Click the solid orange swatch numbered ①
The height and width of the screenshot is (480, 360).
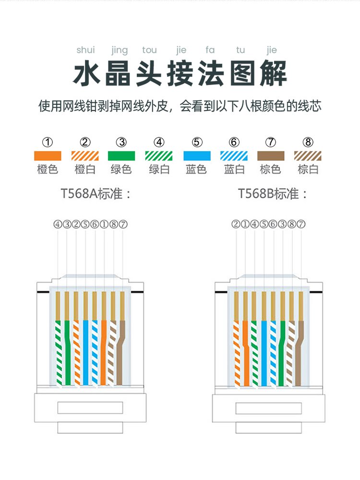point(48,156)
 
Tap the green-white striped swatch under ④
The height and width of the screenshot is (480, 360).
point(159,156)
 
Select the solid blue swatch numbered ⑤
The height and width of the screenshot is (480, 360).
point(197,156)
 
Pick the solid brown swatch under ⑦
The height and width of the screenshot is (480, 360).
point(271,156)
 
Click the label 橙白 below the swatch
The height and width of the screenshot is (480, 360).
point(85,169)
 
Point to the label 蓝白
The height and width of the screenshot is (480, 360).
point(234,169)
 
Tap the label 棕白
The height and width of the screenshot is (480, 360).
point(308,169)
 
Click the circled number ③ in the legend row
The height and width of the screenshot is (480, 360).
point(122,142)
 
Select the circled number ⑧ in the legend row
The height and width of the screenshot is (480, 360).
point(308,142)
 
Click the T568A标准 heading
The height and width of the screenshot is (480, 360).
point(96,194)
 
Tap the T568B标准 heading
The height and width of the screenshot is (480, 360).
point(273,194)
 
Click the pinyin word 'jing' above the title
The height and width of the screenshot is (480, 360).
point(119,50)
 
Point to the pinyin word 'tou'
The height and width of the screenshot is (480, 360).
point(149,50)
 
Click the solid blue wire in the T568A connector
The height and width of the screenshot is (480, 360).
point(85,351)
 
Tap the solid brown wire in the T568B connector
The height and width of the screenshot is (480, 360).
point(300,351)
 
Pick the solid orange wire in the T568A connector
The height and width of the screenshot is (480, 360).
point(104,351)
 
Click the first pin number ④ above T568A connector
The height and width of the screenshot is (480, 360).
point(58,224)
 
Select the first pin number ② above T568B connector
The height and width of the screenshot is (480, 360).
point(235,224)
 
